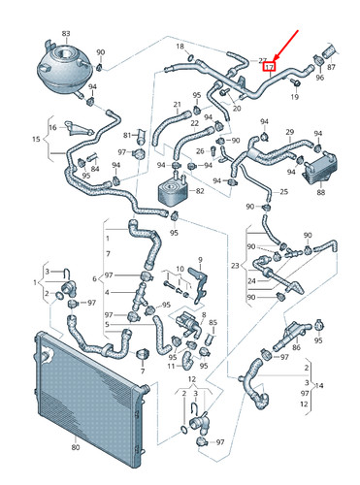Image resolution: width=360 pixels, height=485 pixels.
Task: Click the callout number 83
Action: pyautogui.click(x=66, y=33)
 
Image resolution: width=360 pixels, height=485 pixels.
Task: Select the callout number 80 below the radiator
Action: pyautogui.click(x=75, y=448)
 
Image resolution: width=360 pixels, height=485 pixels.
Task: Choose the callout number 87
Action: pyautogui.click(x=333, y=68)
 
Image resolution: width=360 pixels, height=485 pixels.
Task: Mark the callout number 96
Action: pyautogui.click(x=319, y=78)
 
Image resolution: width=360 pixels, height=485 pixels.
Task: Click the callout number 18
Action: pyautogui.click(x=179, y=46)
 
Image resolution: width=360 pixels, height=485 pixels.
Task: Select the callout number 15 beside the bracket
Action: pyautogui.click(x=36, y=141)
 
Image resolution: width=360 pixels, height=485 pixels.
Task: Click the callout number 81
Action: pyautogui.click(x=127, y=134)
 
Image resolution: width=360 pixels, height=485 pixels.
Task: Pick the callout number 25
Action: pyautogui.click(x=283, y=192)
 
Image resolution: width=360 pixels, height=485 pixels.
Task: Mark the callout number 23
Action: pyautogui.click(x=234, y=266)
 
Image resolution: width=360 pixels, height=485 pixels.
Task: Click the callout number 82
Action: pyautogui.click(x=200, y=192)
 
